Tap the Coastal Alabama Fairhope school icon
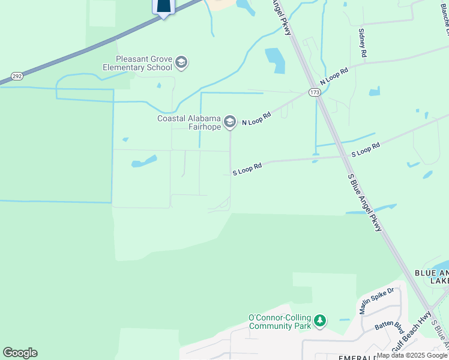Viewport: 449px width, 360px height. pyautogui.click(x=229, y=122)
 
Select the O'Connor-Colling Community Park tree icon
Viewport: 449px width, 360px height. pyautogui.click(x=321, y=321)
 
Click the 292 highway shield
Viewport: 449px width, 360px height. pyautogui.click(x=16, y=77)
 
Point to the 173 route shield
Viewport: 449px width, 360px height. pyautogui.click(x=315, y=92)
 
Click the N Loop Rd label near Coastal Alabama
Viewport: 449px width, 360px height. pyautogui.click(x=256, y=118)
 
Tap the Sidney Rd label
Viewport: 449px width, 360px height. pyautogui.click(x=363, y=43)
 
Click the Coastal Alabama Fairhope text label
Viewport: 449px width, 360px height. pyautogui.click(x=188, y=122)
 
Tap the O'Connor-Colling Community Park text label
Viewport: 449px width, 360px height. pyautogui.click(x=280, y=322)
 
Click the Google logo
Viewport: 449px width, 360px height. pyautogui.click(x=20, y=353)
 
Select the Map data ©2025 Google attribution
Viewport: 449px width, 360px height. pyautogui.click(x=412, y=355)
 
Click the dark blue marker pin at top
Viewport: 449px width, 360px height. pyautogui.click(x=163, y=6)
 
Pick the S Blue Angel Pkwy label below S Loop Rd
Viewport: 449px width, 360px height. pyautogui.click(x=365, y=203)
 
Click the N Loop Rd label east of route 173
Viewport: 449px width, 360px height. pyautogui.click(x=334, y=76)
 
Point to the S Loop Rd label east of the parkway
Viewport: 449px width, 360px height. pyautogui.click(x=366, y=149)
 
